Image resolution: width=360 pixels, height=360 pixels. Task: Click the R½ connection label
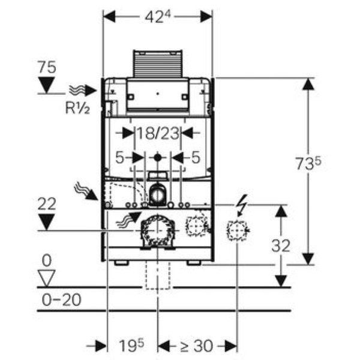pyautogui.click(x=77, y=109)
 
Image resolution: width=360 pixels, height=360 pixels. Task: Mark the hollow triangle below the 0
pyautogui.click(x=46, y=277)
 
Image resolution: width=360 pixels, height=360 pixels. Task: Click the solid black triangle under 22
pyautogui.click(x=46, y=223)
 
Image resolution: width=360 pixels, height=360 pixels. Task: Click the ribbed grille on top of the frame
pyautogui.click(x=157, y=63)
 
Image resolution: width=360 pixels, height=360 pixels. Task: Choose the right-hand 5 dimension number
pyautogui.click(x=195, y=158)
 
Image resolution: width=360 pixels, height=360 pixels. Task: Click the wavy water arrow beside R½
pyautogui.click(x=81, y=91)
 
